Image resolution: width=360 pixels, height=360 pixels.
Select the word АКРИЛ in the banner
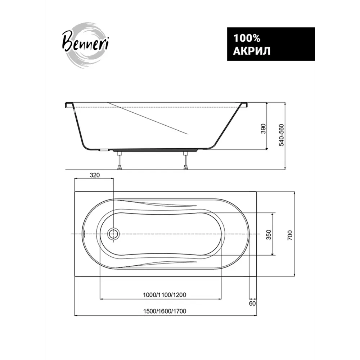point(252,51)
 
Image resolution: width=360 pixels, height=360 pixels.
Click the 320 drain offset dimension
point(94,175)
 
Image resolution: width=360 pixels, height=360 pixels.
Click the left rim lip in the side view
point(68,105)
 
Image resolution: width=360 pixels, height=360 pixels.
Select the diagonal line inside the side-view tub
point(148,118)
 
